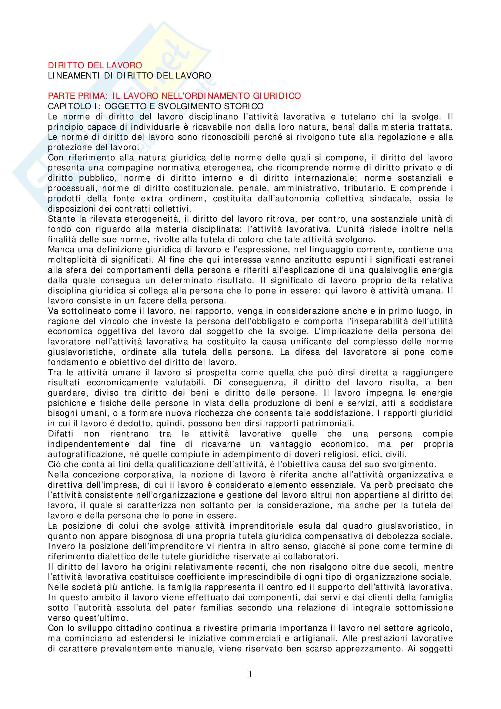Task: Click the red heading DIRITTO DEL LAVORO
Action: (95, 65)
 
